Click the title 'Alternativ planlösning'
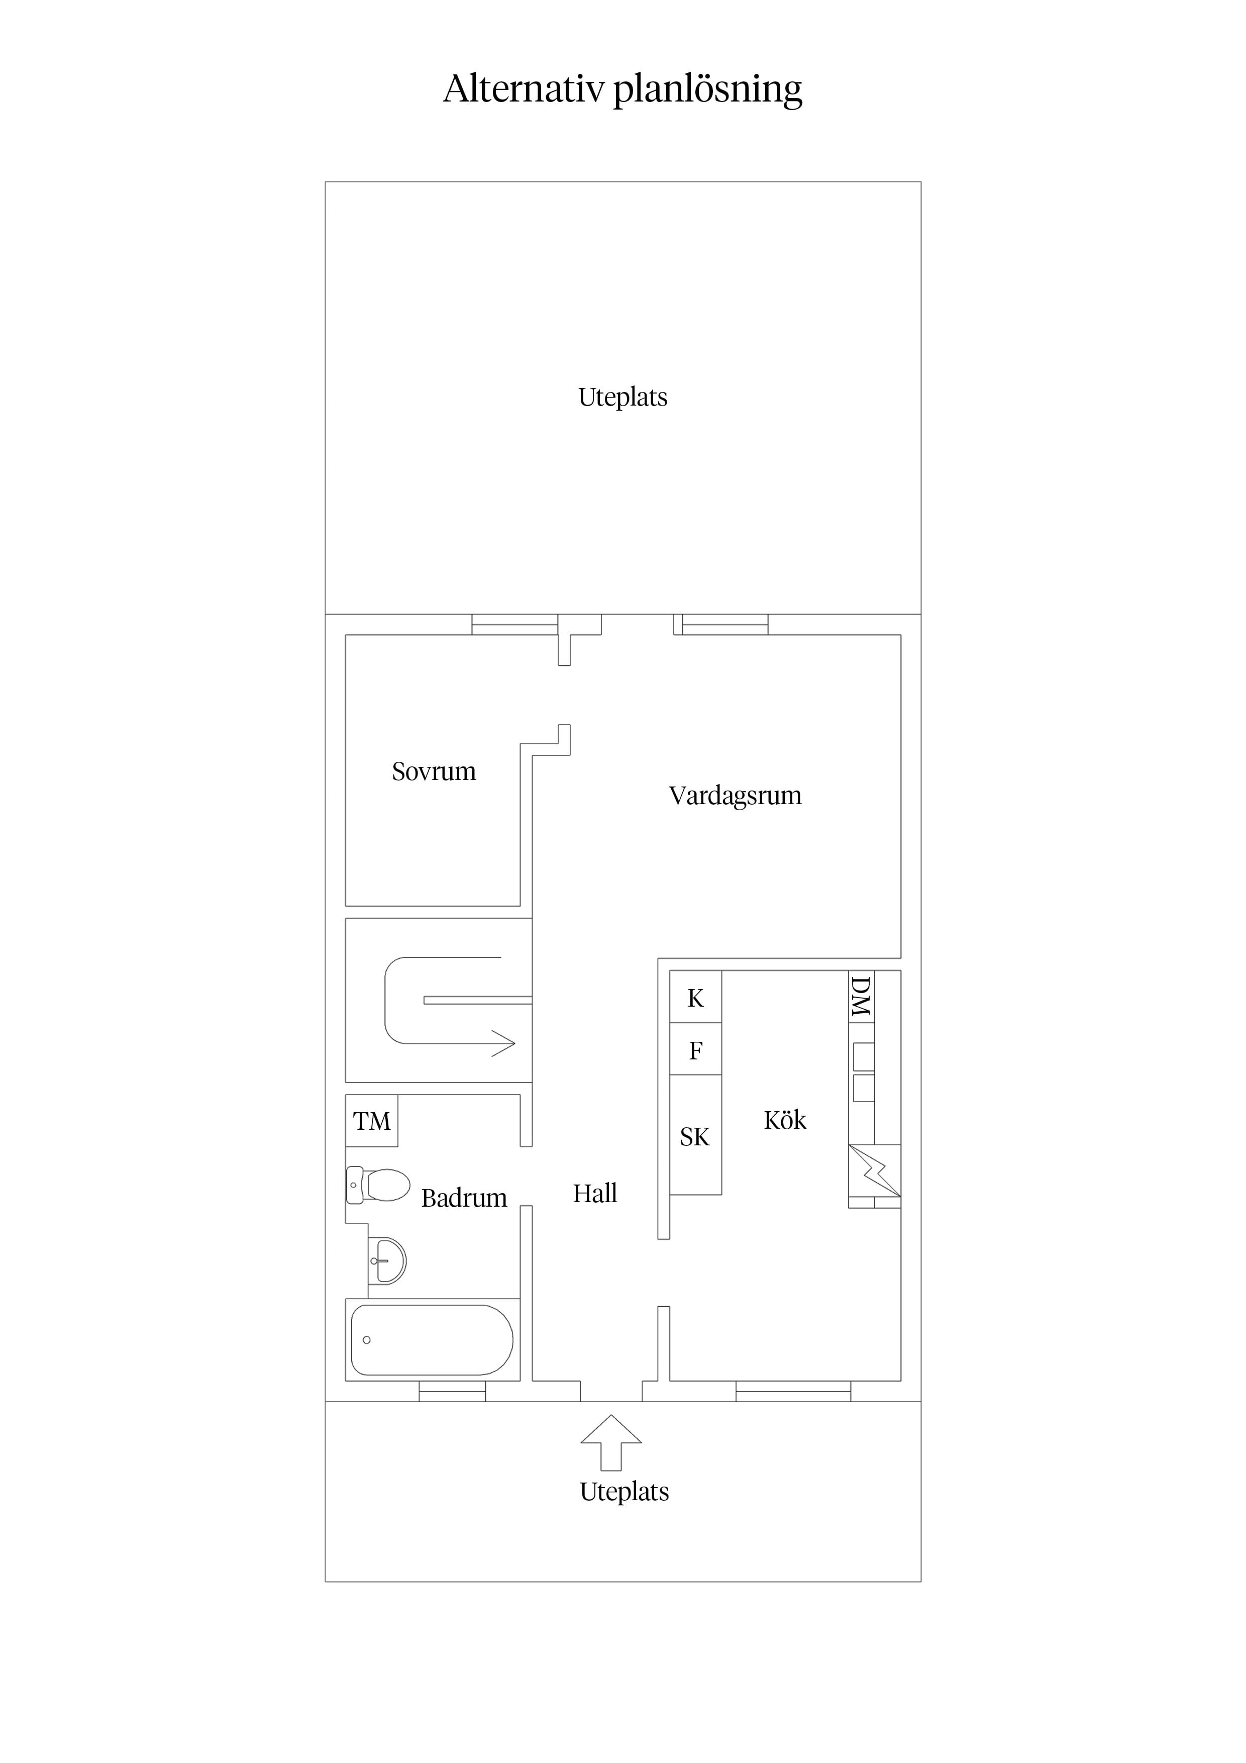point(622,89)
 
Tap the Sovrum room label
point(434,771)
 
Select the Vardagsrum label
point(735,796)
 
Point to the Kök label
point(785,1120)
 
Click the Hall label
point(595,1193)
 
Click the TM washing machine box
point(372,1121)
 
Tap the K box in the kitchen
point(695,997)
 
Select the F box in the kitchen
point(695,1049)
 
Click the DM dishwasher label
point(861,997)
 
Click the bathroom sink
point(386,1261)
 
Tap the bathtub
point(432,1340)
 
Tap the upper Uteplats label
point(622,398)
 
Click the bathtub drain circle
point(367,1340)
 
